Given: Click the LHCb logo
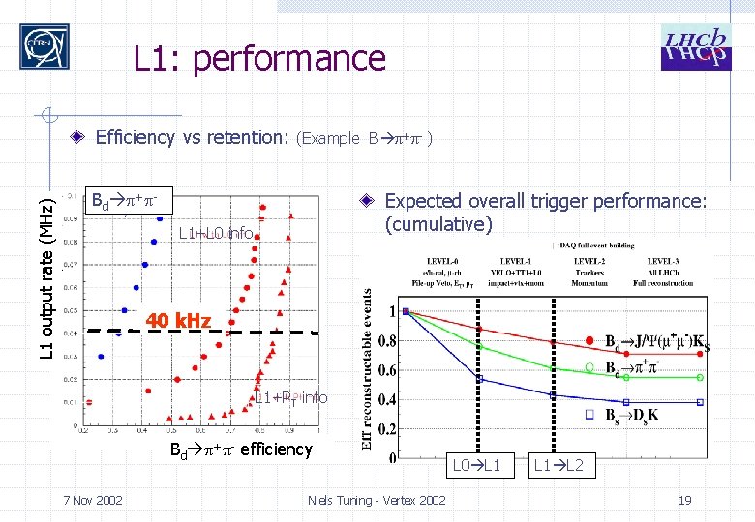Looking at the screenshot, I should [x=694, y=46].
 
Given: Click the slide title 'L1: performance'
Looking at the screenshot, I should [x=259, y=59].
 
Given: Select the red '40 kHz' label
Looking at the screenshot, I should [x=178, y=321].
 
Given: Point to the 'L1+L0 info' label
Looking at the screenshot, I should [x=216, y=233].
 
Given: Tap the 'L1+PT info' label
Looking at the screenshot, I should [x=290, y=397].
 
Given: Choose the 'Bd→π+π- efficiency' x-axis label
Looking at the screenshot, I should [x=241, y=449].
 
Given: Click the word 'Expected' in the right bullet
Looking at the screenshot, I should [x=422, y=201].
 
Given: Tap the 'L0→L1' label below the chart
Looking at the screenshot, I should [x=477, y=466].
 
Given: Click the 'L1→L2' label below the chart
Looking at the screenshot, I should [x=559, y=466].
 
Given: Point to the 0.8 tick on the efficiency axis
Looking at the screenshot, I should [x=387, y=340].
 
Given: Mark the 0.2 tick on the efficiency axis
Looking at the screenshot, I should [x=387, y=428].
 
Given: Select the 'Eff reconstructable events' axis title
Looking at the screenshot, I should [x=368, y=369].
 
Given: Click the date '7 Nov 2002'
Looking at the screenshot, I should [x=92, y=500].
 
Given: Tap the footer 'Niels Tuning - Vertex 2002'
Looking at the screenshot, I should [x=377, y=500].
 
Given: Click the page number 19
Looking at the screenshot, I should [x=685, y=500].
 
